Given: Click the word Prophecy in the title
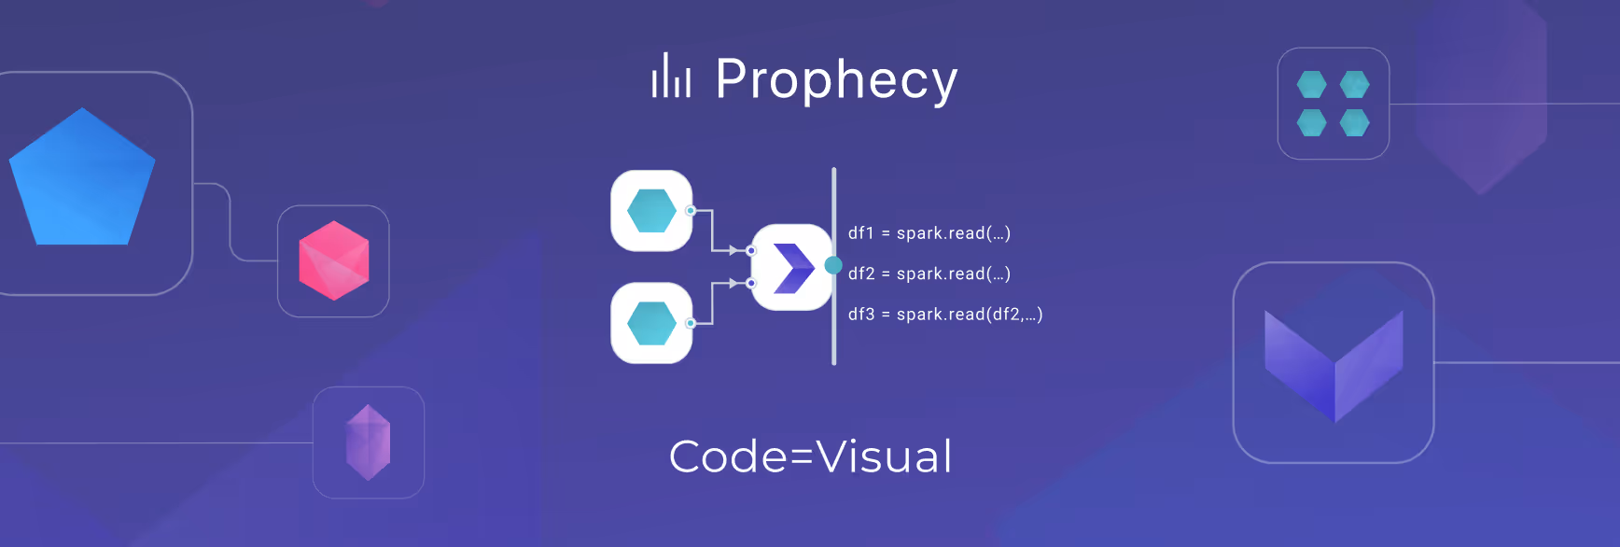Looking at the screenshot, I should pyautogui.click(x=836, y=80).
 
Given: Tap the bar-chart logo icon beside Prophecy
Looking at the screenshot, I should pyautogui.click(x=671, y=76).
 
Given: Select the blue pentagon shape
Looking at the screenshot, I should pyautogui.click(x=82, y=180).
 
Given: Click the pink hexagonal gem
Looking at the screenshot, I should pyautogui.click(x=334, y=260).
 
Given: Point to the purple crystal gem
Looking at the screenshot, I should pyautogui.click(x=369, y=442).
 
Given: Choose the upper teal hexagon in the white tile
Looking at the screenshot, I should pyautogui.click(x=651, y=210).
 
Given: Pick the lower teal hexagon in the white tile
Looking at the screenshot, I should pyautogui.click(x=651, y=323).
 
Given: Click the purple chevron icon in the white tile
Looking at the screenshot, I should pyautogui.click(x=793, y=268).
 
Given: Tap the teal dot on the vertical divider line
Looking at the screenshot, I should pyautogui.click(x=833, y=265).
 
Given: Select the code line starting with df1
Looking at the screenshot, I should pyautogui.click(x=929, y=233).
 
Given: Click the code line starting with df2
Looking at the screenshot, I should pyautogui.click(x=929, y=273).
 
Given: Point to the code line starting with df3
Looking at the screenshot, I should pyautogui.click(x=945, y=315).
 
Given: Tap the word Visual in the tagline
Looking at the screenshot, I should pyautogui.click(x=885, y=457).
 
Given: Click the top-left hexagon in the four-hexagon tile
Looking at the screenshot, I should pyautogui.click(x=1312, y=85).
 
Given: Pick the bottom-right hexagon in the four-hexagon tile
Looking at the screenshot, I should pyautogui.click(x=1355, y=122).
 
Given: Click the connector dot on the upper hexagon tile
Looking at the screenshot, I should pyautogui.click(x=691, y=210).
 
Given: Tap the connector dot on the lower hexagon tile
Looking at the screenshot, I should pyautogui.click(x=691, y=323).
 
